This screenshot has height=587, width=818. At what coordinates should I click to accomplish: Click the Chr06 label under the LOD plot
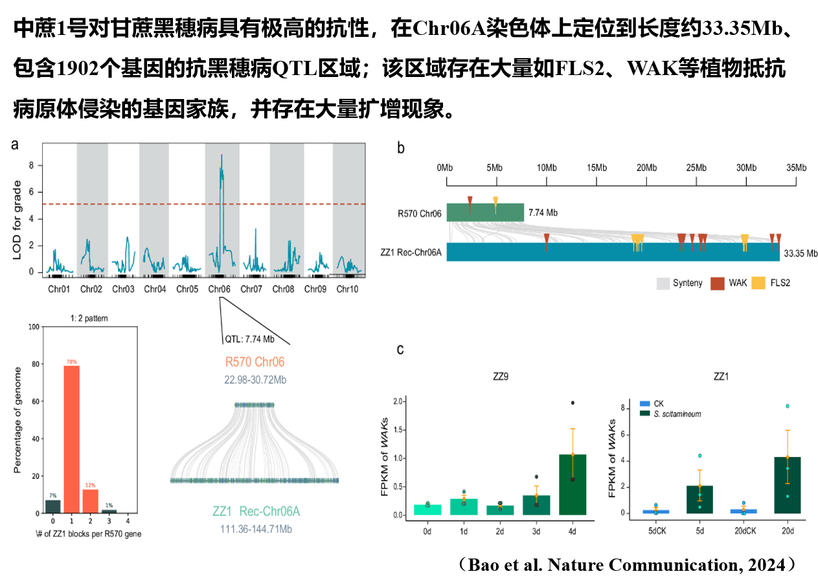point(220,289)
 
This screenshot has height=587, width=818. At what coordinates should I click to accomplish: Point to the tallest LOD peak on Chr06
point(222,157)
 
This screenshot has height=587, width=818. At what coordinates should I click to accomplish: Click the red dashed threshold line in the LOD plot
point(130,204)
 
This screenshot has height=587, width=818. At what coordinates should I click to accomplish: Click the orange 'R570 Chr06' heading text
point(255,362)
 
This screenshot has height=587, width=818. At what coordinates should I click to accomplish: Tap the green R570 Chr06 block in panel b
point(485,212)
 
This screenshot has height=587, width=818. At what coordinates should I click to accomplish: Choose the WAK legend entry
point(728,283)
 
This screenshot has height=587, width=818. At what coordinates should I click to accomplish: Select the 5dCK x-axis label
point(657,531)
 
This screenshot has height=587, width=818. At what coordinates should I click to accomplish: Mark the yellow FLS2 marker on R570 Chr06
point(495,202)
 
